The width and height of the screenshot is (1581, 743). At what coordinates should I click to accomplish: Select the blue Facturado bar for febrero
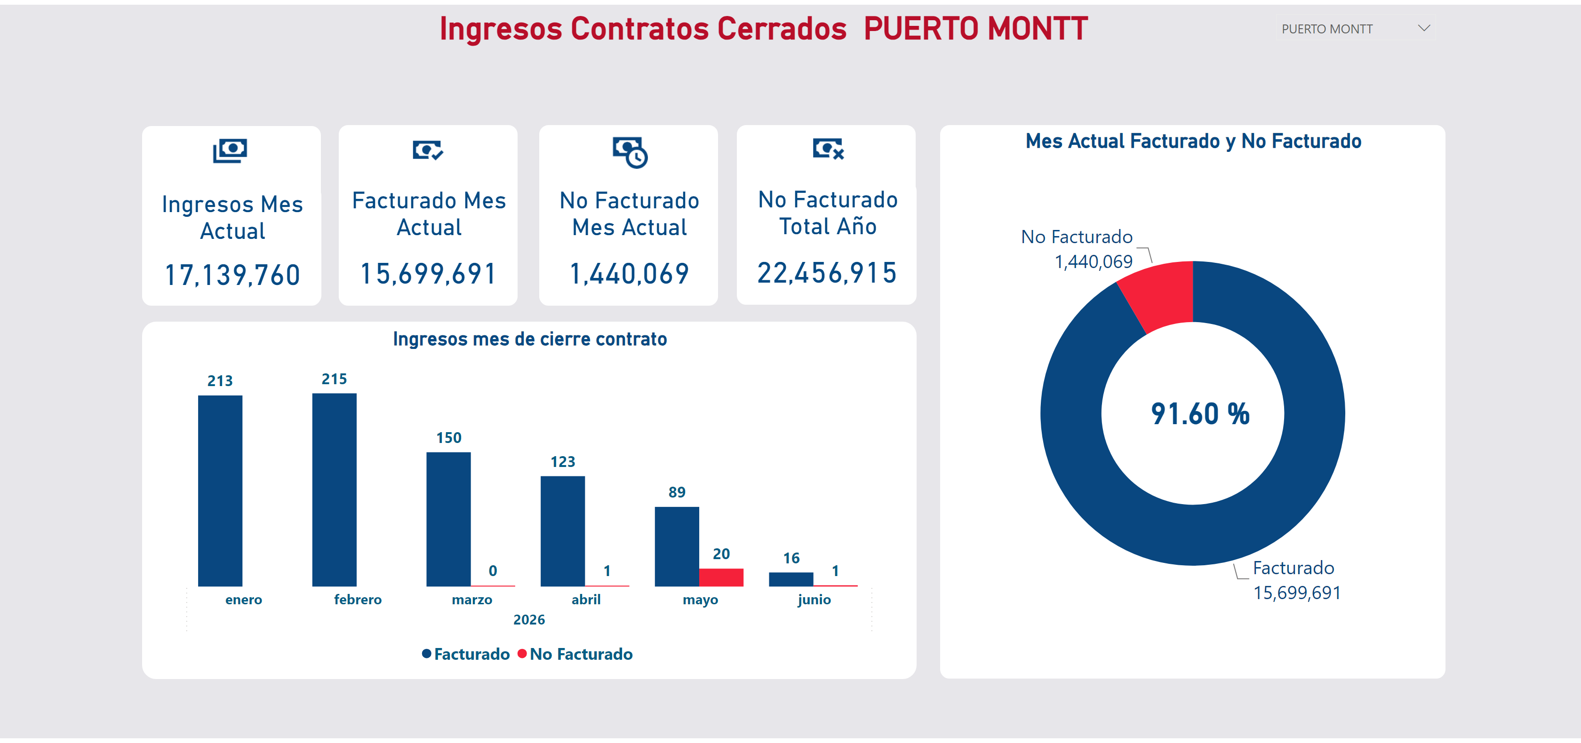(334, 490)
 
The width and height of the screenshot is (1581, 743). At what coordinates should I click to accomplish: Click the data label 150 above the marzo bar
(448, 437)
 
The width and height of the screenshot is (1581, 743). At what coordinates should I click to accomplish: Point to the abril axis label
(586, 600)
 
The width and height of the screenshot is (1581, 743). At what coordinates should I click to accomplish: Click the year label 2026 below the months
(529, 620)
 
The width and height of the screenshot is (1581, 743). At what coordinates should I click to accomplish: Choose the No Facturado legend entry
(575, 654)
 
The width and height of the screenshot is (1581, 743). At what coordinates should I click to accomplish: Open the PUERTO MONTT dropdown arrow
(1424, 28)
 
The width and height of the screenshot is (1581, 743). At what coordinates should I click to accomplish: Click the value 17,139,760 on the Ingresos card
(232, 275)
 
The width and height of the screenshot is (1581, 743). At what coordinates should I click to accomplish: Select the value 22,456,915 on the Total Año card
(827, 273)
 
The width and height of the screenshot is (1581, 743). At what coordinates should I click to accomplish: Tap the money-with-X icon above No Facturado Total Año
(828, 149)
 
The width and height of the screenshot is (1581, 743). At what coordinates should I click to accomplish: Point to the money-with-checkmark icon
(428, 150)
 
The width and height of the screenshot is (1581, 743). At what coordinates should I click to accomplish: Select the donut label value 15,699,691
(1297, 593)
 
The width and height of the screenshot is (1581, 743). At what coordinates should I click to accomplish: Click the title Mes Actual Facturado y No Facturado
(1193, 141)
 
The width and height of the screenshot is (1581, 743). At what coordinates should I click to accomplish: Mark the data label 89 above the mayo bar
(677, 492)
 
